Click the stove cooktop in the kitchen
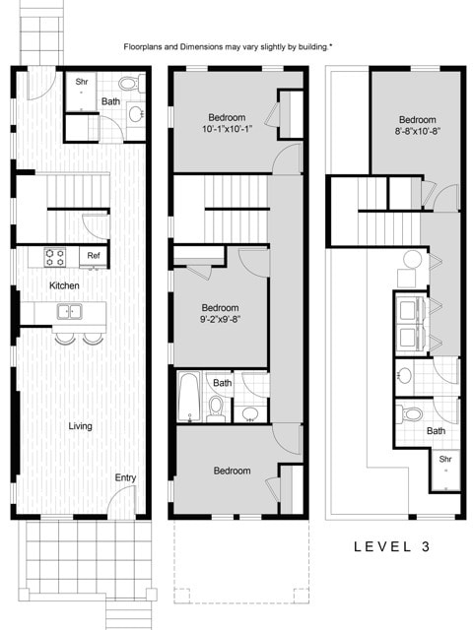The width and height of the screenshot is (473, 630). [x=55, y=258]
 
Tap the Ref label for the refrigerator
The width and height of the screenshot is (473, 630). [x=94, y=256]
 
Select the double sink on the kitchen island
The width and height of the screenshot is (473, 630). [x=70, y=313]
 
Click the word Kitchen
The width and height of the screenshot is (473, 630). [x=65, y=285]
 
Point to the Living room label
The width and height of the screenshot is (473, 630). [x=81, y=426]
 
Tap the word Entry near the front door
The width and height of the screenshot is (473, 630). [x=125, y=477]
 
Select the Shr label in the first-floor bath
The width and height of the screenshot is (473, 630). [x=83, y=82]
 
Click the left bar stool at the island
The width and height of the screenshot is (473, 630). [x=65, y=339]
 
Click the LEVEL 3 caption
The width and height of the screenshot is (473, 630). [x=391, y=545]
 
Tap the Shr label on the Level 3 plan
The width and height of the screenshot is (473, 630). [x=445, y=459]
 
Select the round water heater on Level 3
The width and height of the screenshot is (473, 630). [x=413, y=260]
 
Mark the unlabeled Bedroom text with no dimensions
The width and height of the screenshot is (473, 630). [x=232, y=471]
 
